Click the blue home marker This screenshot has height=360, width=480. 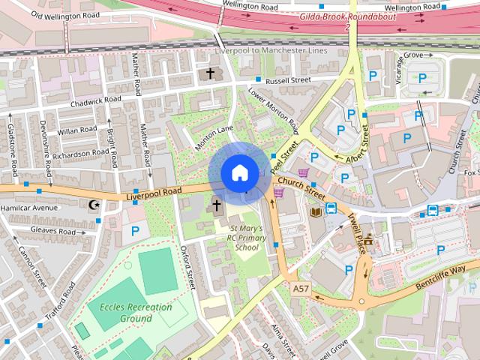pyautogui.click(x=238, y=172)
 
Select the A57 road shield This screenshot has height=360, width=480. pyautogui.click(x=301, y=288)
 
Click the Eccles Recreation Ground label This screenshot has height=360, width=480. pyautogui.click(x=130, y=313)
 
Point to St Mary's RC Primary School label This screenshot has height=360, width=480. pyautogui.click(x=247, y=238)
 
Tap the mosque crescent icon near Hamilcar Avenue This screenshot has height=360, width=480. pyautogui.click(x=94, y=205)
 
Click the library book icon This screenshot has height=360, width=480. pyautogui.click(x=316, y=212)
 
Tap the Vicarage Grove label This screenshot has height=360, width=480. pyautogui.click(x=413, y=56)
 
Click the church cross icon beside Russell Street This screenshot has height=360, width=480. pyautogui.click(x=210, y=73)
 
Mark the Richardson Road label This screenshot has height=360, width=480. pyautogui.click(x=80, y=153)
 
